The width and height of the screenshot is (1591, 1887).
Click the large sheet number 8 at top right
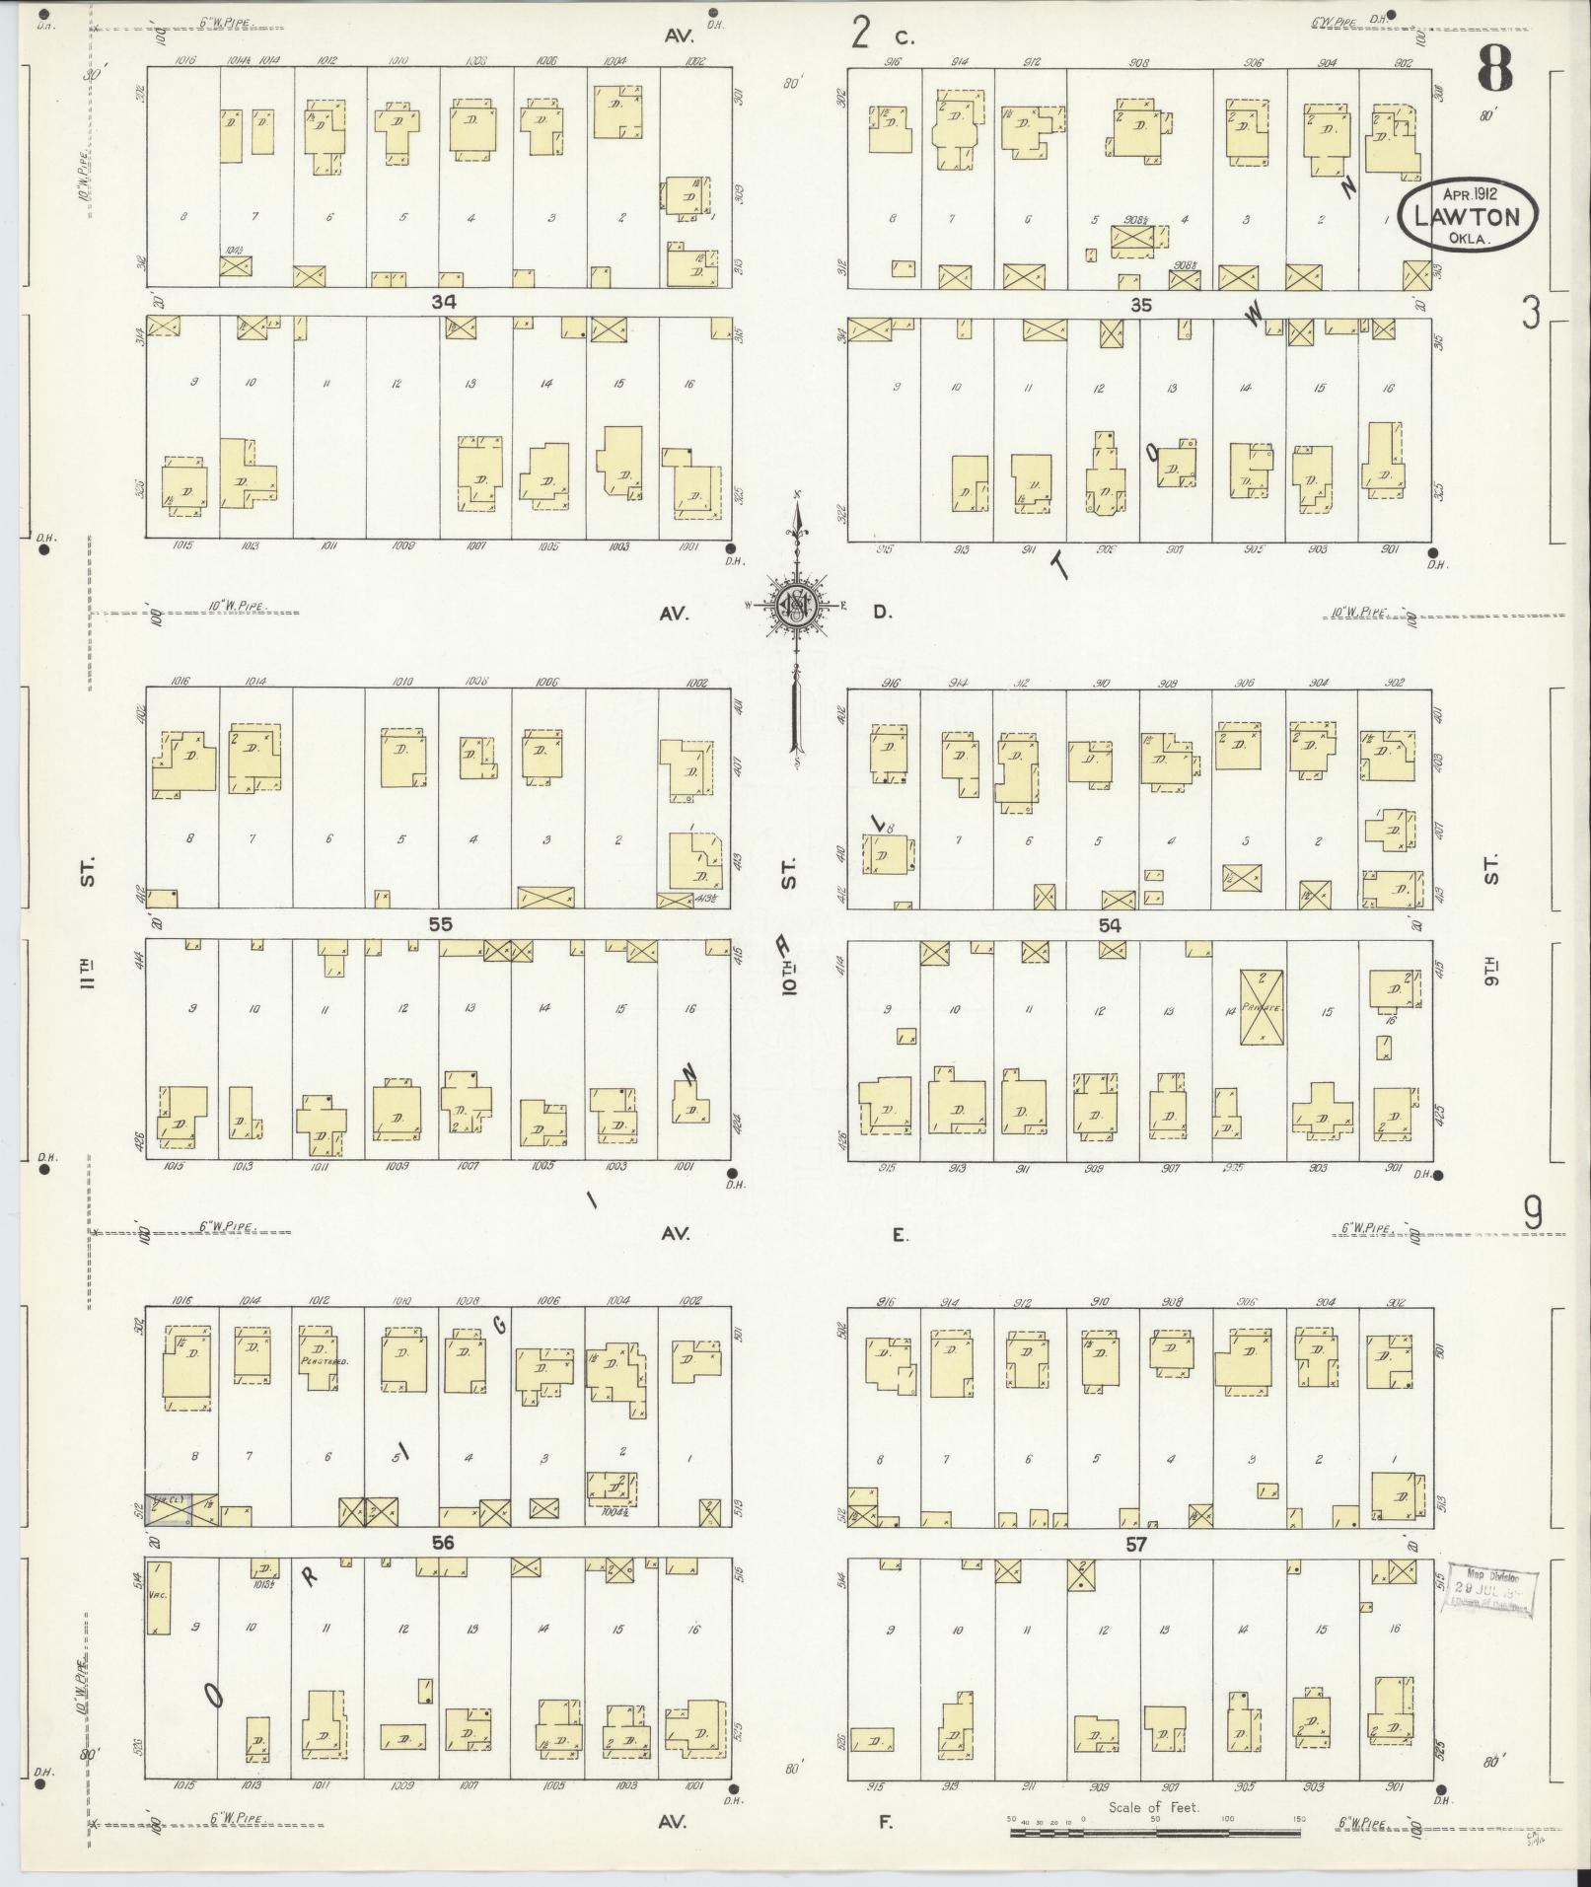(1493, 68)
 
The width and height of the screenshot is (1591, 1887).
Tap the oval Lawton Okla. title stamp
(1466, 215)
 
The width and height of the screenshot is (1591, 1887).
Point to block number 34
(443, 302)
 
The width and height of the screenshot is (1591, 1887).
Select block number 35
(1140, 305)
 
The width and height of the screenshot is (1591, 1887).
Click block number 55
(440, 924)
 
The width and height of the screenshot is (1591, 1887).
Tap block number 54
(1110, 925)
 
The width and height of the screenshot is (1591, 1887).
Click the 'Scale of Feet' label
(1153, 1834)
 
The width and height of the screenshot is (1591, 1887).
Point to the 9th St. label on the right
(1491, 922)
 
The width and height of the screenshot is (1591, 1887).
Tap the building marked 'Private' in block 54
(1262, 1007)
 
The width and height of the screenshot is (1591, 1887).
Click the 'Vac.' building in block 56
(158, 1623)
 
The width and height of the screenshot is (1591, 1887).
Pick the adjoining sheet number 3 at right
(1530, 314)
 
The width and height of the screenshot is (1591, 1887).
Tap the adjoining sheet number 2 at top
(861, 34)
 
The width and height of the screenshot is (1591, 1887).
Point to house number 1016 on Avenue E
(182, 1301)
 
